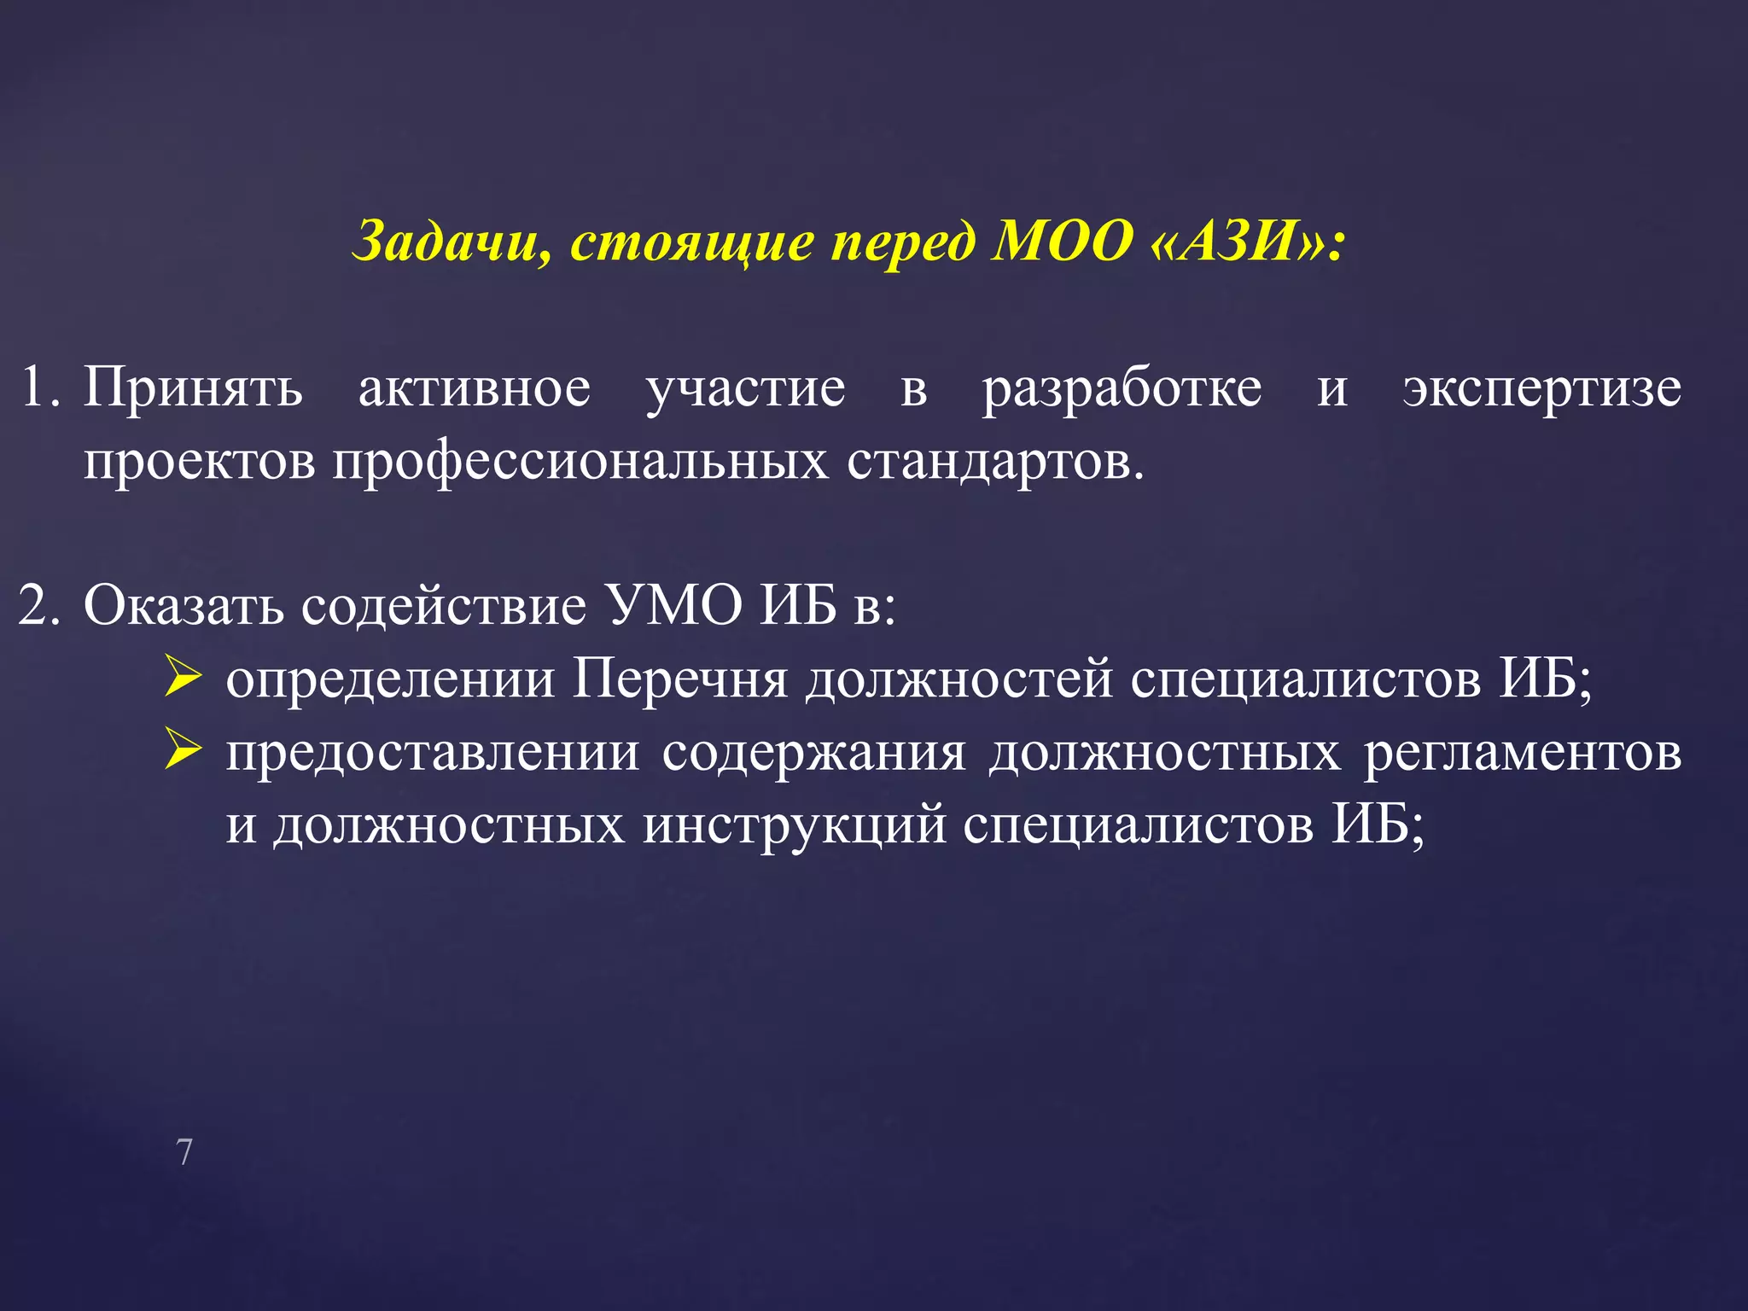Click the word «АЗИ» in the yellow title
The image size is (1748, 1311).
1245,242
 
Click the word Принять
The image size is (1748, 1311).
193,389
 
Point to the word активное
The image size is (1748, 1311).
474,389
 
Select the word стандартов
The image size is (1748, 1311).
994,462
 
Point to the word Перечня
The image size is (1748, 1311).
679,680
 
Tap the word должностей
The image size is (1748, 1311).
959,680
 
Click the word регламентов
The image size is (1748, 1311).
1522,754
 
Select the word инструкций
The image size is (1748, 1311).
795,826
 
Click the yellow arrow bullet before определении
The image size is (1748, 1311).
183,679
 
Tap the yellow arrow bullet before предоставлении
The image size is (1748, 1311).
183,751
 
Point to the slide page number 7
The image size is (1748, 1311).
184,1152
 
